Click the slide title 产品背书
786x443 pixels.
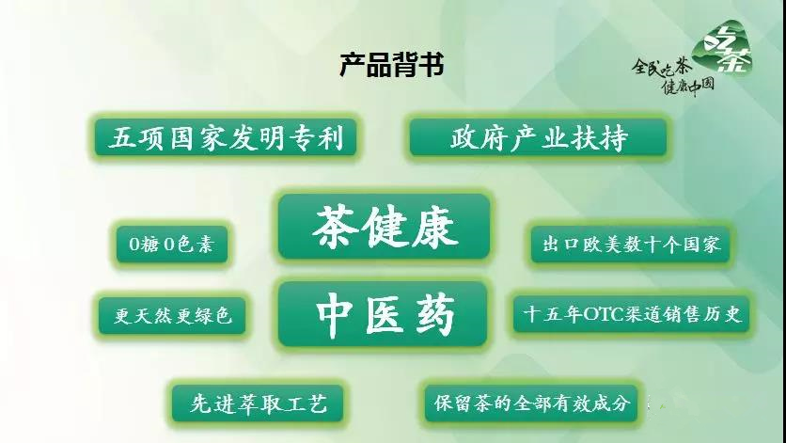click(x=391, y=65)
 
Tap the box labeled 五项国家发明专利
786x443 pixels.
click(x=226, y=137)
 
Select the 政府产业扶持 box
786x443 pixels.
click(x=539, y=137)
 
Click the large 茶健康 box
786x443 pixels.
click(x=384, y=227)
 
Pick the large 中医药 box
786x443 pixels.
click(x=383, y=314)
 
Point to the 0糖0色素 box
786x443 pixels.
click(x=172, y=245)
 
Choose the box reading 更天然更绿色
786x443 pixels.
click(x=172, y=316)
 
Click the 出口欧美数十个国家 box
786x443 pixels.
click(x=631, y=245)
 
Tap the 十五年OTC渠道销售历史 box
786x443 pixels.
click(x=632, y=314)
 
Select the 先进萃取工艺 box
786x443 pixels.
click(x=258, y=403)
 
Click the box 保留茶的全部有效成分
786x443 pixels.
click(x=531, y=403)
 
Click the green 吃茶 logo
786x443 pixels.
click(x=723, y=48)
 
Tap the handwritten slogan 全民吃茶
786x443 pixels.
click(x=661, y=67)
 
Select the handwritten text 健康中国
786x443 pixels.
click(x=688, y=87)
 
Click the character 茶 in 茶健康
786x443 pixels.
click(x=336, y=227)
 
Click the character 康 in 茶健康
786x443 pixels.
click(x=435, y=227)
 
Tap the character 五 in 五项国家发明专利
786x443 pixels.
click(x=122, y=138)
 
